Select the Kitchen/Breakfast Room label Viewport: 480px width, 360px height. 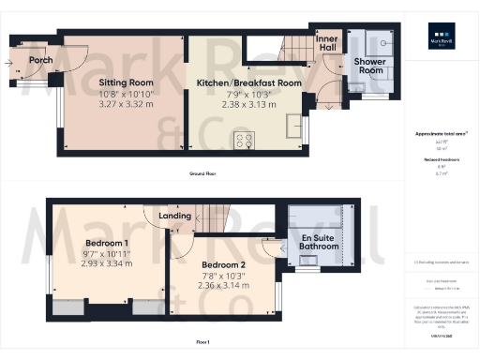coord(249,82)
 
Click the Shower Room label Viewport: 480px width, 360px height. coord(368,66)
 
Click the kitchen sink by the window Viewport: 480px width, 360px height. coord(296,127)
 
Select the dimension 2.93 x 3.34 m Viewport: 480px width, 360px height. coord(93,265)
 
